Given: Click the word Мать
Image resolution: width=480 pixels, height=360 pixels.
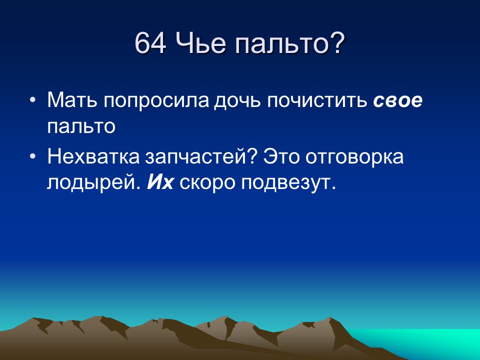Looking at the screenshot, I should tap(72, 100).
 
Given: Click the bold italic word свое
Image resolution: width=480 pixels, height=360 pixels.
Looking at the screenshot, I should tap(397, 100).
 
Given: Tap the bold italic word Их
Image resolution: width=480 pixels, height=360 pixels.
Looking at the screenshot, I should tap(159, 183).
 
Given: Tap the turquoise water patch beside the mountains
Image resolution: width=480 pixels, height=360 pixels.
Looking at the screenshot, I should tap(440, 342).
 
